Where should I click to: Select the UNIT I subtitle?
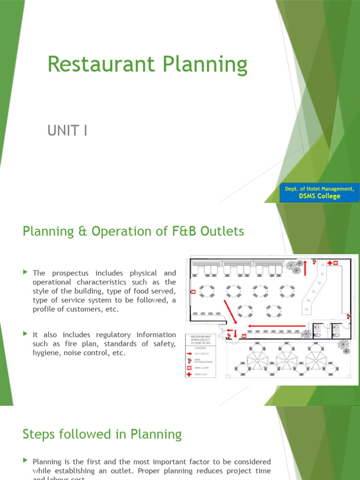pyautogui.click(x=67, y=131)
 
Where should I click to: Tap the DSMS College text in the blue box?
pyautogui.click(x=319, y=196)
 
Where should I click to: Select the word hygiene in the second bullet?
pyautogui.click(x=46, y=352)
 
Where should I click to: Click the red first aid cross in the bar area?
pyautogui.click(x=333, y=263)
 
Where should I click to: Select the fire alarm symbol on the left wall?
pyautogui.click(x=193, y=291)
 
